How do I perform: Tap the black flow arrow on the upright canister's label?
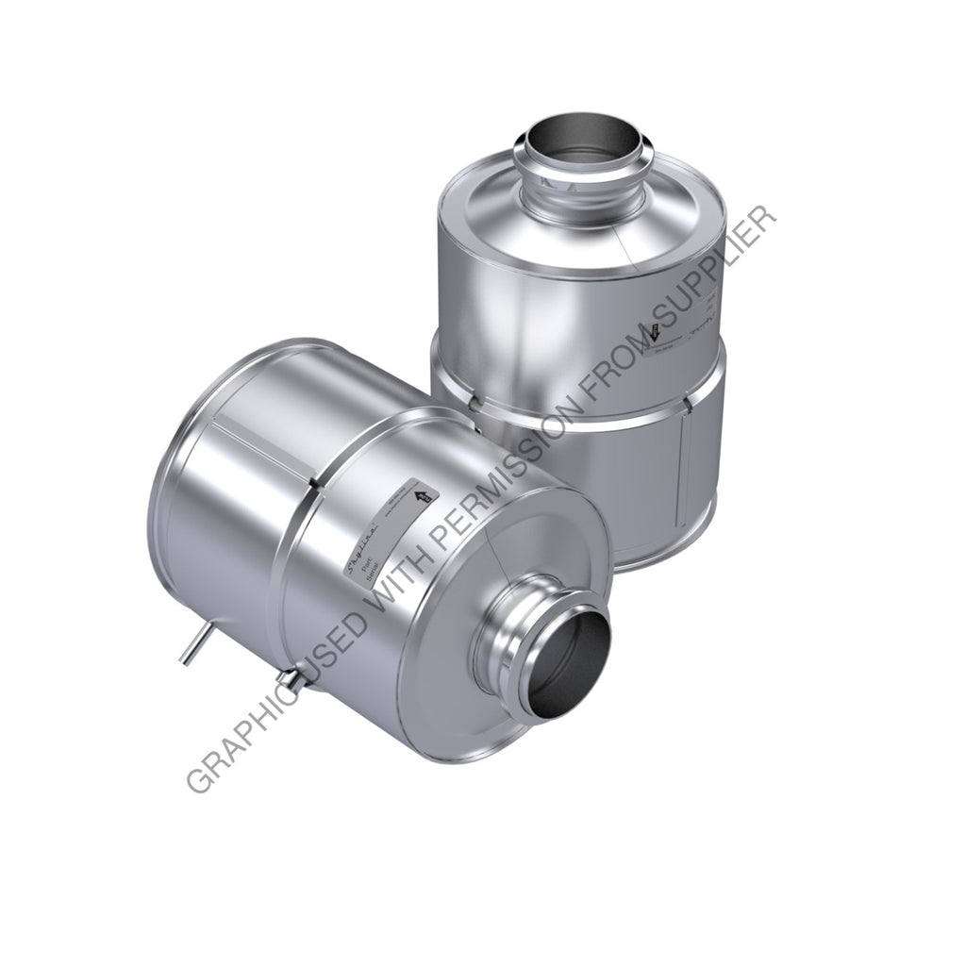click(650, 332)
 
